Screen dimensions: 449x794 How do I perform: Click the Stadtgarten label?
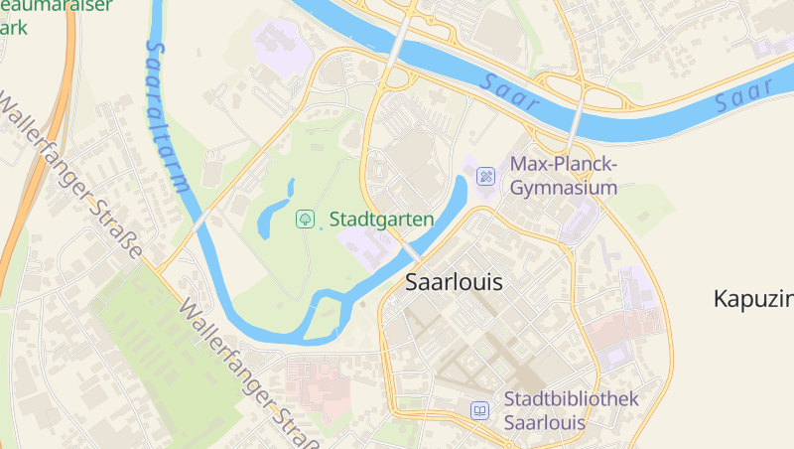381,219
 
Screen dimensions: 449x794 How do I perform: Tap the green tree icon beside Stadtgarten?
307,218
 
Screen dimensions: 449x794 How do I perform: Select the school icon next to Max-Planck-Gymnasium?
485,176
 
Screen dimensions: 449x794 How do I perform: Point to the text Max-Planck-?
565,164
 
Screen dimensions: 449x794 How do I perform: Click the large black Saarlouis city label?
454,282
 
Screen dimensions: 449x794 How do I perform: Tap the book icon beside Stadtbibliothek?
480,410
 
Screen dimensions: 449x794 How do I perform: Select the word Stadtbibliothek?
571,399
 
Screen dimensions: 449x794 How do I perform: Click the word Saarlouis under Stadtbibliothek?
545,422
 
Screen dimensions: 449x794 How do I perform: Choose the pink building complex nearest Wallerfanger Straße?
316,382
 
